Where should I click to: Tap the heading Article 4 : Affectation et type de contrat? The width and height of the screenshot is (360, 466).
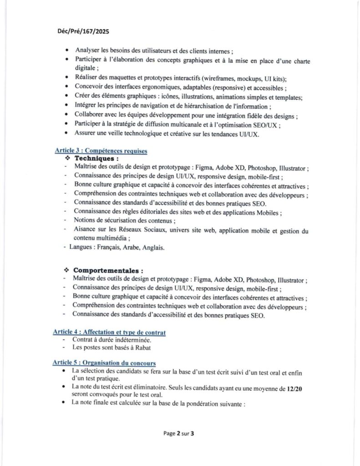tap(109, 333)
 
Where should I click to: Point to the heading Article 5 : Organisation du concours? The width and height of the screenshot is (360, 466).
tap(104, 363)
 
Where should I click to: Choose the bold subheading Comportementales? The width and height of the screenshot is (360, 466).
tap(108, 271)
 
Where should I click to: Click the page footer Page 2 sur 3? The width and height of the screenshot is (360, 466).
tap(179, 434)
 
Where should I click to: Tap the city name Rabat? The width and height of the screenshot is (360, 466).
tap(142, 348)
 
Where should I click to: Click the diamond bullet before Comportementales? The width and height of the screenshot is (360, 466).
tap(66, 271)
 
